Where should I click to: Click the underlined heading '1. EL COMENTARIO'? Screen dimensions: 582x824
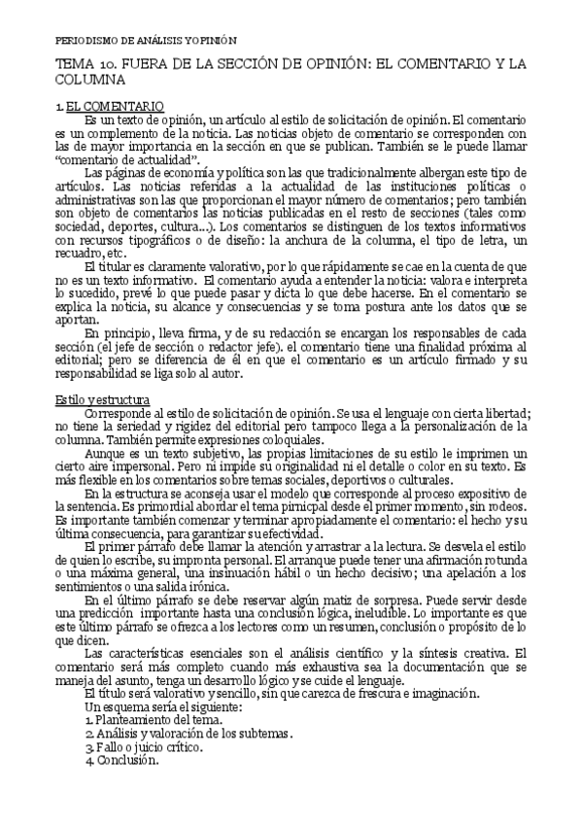[109, 104]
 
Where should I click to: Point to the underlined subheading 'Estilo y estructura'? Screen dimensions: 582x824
[102, 372]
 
